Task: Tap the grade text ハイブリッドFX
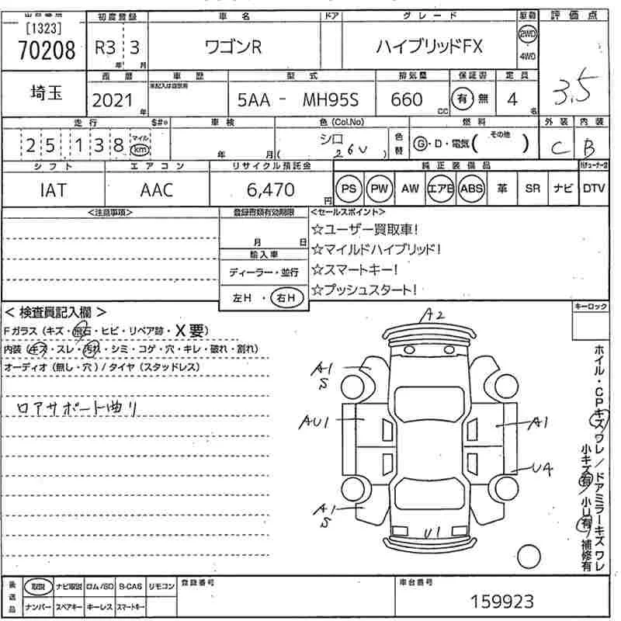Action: [429, 47]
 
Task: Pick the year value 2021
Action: [113, 100]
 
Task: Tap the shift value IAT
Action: [52, 189]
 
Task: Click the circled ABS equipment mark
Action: [471, 189]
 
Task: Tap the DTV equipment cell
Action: [594, 189]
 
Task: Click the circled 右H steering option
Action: [286, 298]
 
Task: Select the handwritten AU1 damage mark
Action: [317, 422]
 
